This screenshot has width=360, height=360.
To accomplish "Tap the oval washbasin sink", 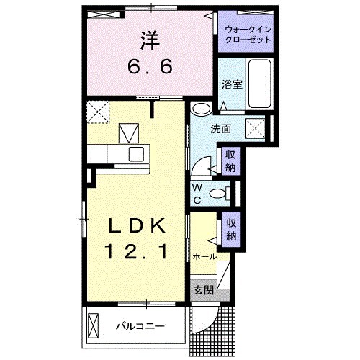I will pyautogui.click(x=202, y=109).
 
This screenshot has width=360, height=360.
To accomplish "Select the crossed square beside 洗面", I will pyautogui.click(x=256, y=128).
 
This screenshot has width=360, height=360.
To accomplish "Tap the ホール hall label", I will pyautogui.click(x=204, y=256).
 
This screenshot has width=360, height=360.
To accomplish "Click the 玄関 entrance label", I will pyautogui.click(x=203, y=290).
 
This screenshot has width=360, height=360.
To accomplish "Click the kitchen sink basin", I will pyautogui.click(x=137, y=153).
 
